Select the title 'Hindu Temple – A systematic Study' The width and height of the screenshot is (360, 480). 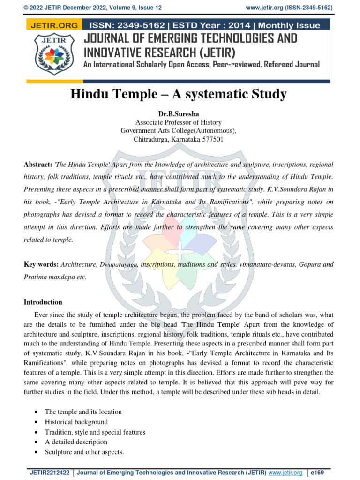(x=178, y=94)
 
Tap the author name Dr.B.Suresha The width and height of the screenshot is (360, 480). (x=178, y=114)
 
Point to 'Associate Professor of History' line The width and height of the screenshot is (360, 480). (x=178, y=122)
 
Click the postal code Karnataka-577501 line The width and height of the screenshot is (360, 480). (x=178, y=139)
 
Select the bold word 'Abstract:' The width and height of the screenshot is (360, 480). (x=38, y=165)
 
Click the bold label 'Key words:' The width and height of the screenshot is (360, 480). (x=41, y=264)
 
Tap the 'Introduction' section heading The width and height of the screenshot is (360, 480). (x=43, y=302)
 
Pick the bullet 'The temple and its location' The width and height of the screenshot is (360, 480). (x=83, y=412)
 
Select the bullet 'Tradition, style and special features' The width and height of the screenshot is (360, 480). (x=95, y=432)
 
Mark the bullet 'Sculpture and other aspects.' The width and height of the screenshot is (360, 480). (x=84, y=452)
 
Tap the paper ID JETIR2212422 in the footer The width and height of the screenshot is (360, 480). (x=50, y=472)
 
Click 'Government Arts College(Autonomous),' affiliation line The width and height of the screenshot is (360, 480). (x=178, y=131)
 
